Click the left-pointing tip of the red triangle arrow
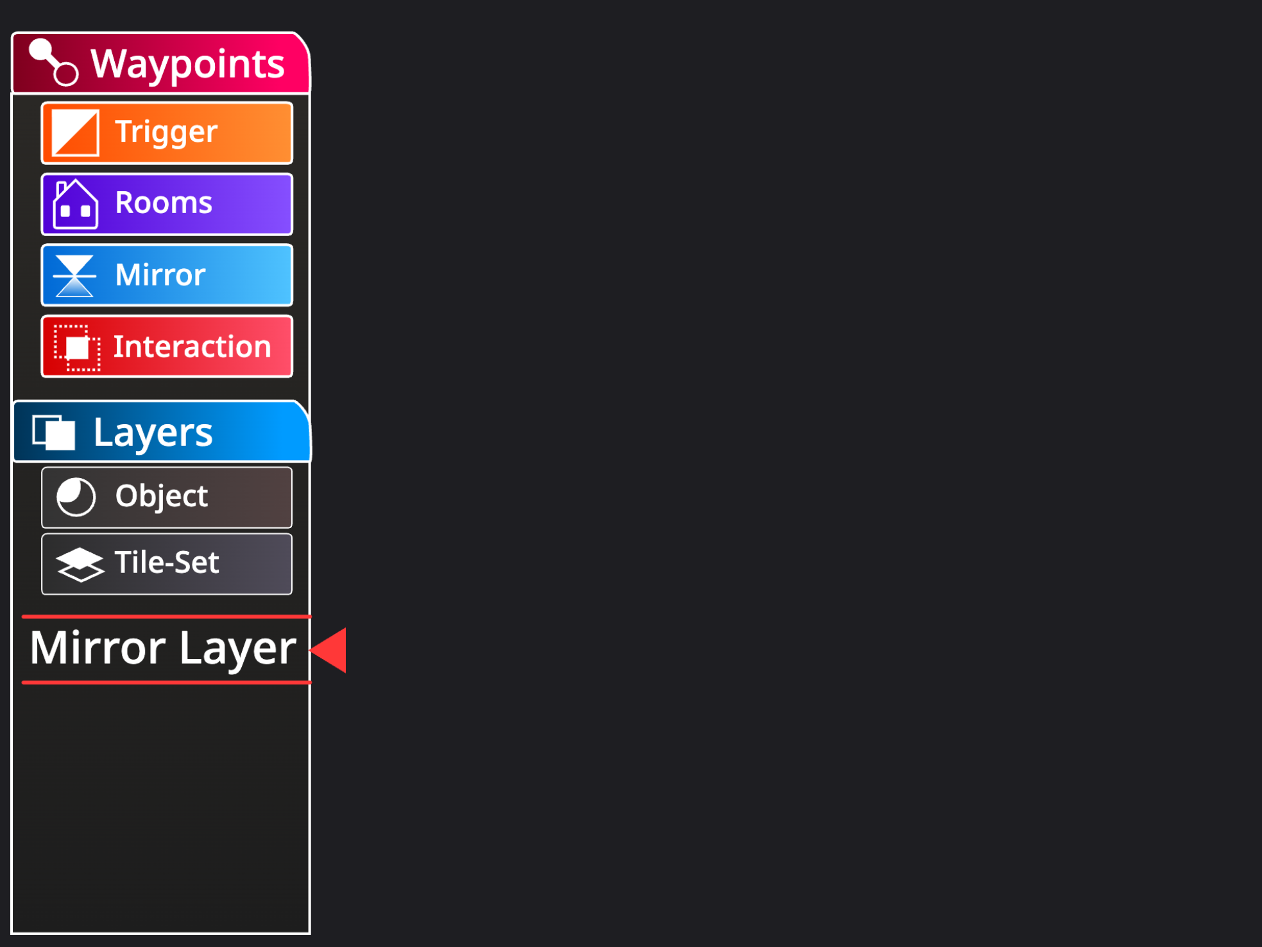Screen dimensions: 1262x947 [310, 650]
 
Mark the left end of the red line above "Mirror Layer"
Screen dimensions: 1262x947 [22, 617]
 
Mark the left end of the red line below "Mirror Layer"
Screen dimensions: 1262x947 [22, 683]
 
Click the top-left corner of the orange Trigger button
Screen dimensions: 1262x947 [42, 103]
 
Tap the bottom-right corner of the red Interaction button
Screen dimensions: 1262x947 [292, 377]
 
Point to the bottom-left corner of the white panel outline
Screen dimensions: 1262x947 [12, 933]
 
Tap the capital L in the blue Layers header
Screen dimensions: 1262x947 [103, 432]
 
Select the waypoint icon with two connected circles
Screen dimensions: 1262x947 [54, 62]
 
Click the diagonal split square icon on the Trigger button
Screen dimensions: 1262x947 [75, 133]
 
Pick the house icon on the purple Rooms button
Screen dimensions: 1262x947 [76, 204]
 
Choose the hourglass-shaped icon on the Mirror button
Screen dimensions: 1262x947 [74, 276]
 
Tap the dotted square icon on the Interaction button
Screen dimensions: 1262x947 [77, 348]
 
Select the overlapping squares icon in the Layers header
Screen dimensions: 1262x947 [54, 432]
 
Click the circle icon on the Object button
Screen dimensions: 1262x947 [76, 497]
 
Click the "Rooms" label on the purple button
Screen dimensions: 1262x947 [164, 203]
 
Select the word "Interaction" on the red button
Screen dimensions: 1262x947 [192, 346]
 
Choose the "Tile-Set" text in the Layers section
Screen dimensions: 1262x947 [167, 562]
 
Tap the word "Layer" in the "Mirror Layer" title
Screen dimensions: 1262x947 [237, 649]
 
